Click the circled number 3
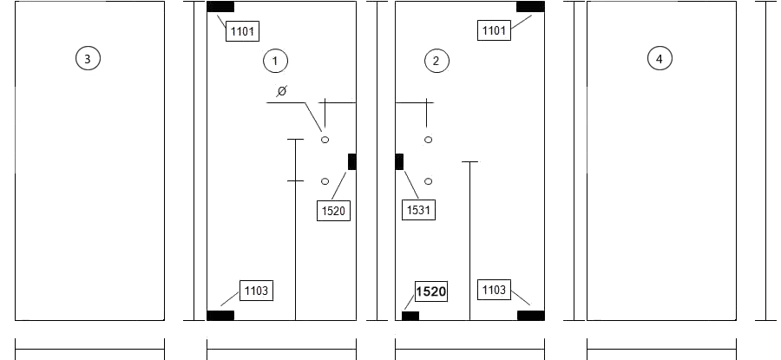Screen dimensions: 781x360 pyautogui.click(x=88, y=59)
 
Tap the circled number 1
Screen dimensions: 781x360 pyautogui.click(x=275, y=62)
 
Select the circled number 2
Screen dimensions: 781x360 pyautogui.click(x=436, y=62)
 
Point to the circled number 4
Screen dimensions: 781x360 pyautogui.click(x=660, y=59)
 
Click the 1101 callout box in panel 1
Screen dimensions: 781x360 pyautogui.click(x=243, y=31)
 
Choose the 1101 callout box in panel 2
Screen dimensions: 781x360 pyautogui.click(x=494, y=29)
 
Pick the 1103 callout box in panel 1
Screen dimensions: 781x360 pyautogui.click(x=257, y=291)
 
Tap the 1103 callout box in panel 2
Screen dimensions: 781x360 pyautogui.click(x=494, y=289)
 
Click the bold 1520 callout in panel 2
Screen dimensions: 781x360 pyautogui.click(x=430, y=291)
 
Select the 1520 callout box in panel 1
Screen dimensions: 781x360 pyautogui.click(x=334, y=210)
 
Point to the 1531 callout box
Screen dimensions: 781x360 pyautogui.click(x=418, y=210)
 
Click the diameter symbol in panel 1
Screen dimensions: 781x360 pyautogui.click(x=282, y=90)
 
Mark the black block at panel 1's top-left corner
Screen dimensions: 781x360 pyautogui.click(x=220, y=7)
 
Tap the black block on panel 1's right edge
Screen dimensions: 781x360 pyautogui.click(x=352, y=162)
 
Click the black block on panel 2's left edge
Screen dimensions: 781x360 pyautogui.click(x=399, y=162)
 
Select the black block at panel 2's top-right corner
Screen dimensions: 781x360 pyautogui.click(x=530, y=7)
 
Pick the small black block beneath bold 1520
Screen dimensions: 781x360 pyautogui.click(x=410, y=316)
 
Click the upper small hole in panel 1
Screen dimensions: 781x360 pyautogui.click(x=325, y=140)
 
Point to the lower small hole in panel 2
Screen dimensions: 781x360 pyautogui.click(x=429, y=182)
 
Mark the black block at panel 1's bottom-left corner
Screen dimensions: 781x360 pyautogui.click(x=220, y=315)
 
